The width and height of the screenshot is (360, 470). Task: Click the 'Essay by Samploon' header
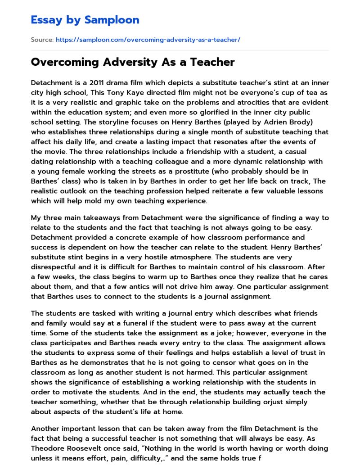85,19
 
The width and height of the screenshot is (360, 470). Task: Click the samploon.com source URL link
148,40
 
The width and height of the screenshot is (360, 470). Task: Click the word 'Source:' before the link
42,40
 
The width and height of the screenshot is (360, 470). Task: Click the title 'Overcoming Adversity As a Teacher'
133,62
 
